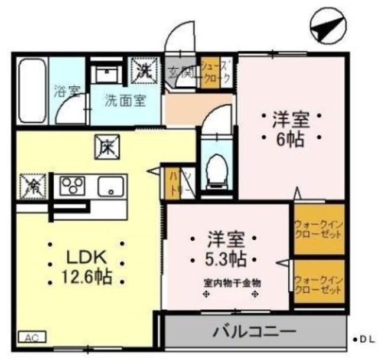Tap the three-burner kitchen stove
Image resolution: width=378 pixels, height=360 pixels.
(x=73, y=186)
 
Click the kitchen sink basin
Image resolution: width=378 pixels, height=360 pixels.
(x=110, y=186)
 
